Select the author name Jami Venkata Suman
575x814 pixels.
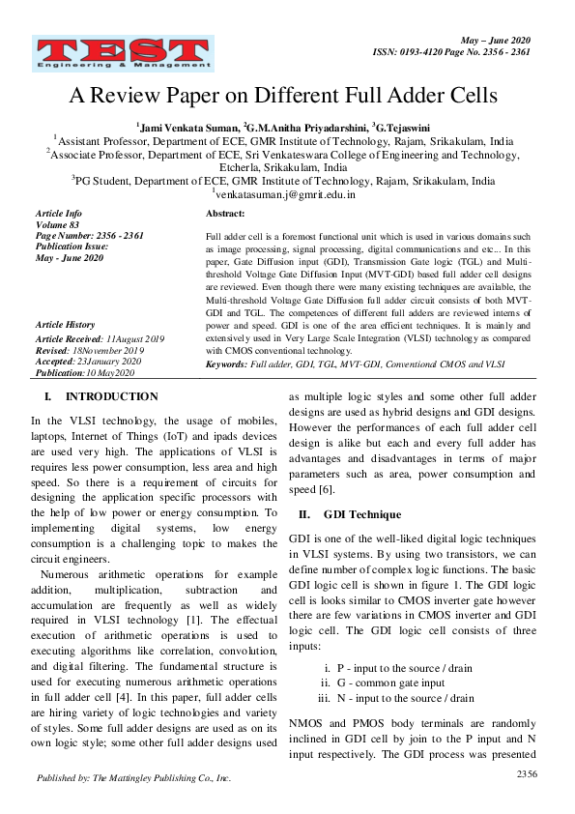point(189,125)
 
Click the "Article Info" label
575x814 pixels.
point(58,213)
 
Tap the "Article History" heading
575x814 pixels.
point(66,326)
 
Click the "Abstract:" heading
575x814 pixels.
point(226,214)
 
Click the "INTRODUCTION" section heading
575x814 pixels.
point(111,396)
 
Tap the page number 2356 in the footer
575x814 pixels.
point(527,773)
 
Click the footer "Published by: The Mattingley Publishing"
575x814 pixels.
point(133,777)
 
